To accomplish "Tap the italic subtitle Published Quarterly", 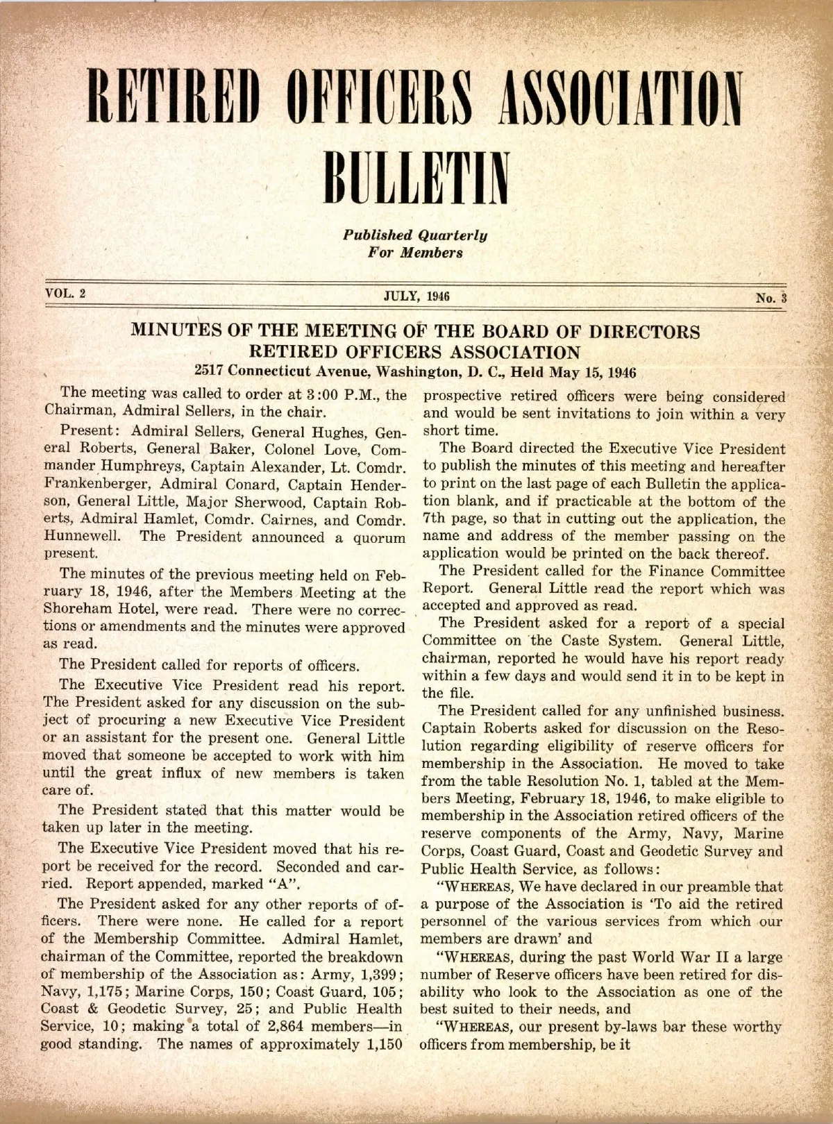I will coord(416,235).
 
